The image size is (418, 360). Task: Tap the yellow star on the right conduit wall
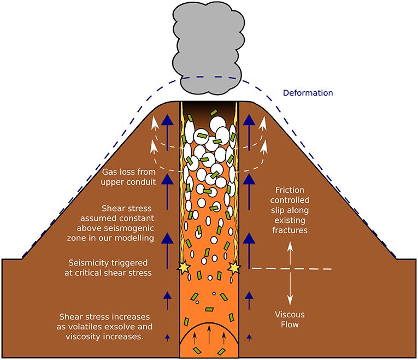[x=236, y=268]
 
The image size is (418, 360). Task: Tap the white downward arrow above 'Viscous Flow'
[x=290, y=290]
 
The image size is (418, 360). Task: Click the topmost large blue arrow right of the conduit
[x=250, y=129]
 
